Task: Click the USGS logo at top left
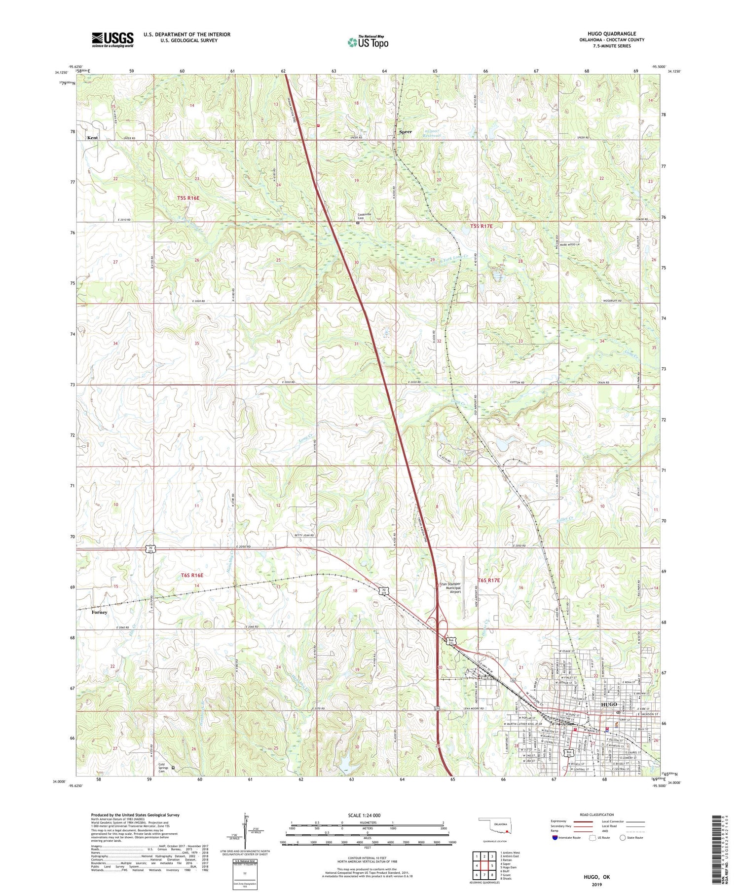click(112, 39)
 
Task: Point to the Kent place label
click(92, 138)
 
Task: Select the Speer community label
click(405, 132)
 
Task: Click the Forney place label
click(99, 612)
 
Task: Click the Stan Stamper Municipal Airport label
click(449, 587)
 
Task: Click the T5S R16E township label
click(188, 198)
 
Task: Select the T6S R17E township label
click(489, 580)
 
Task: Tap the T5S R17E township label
click(481, 226)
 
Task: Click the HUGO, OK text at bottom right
click(596, 877)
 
